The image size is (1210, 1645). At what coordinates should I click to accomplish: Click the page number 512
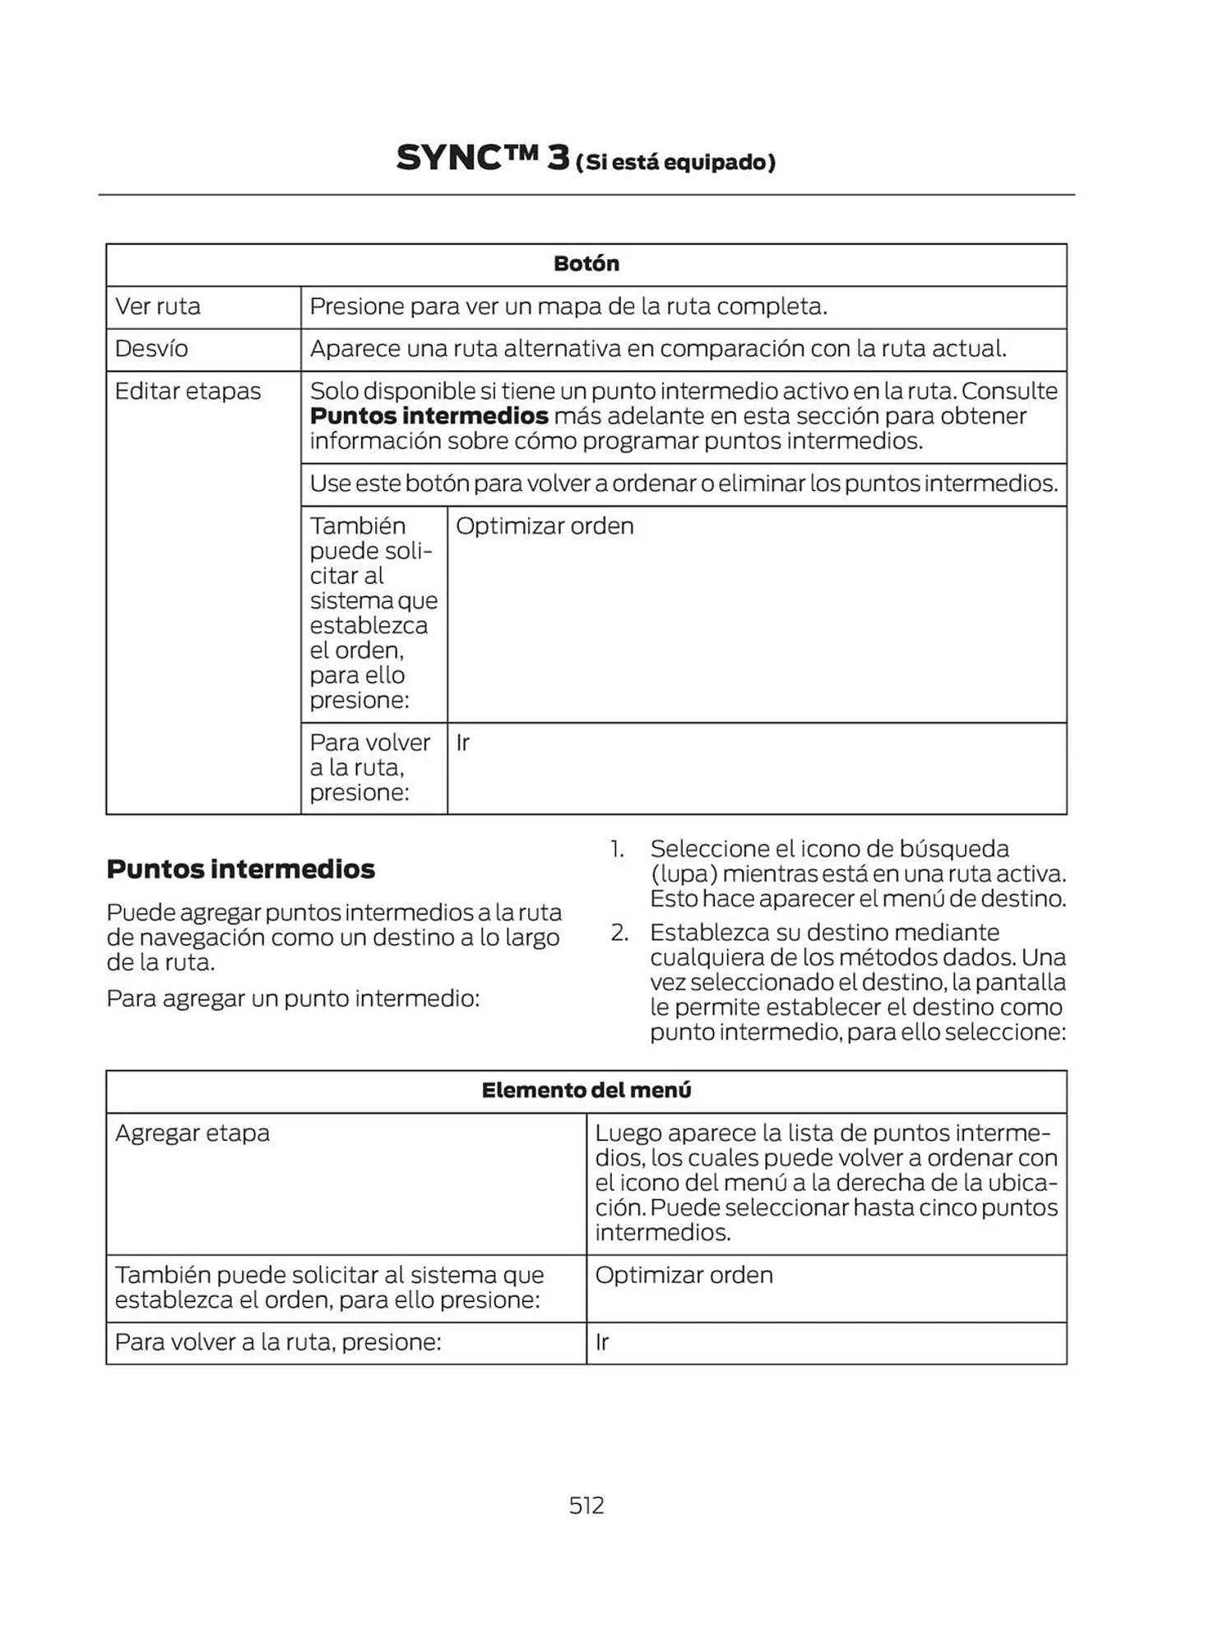586,1505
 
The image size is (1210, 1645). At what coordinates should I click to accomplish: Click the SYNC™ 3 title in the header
482,158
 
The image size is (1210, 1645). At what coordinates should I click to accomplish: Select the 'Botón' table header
586,264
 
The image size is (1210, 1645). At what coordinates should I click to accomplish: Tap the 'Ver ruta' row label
157,307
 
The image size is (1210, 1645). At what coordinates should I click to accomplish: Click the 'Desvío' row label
151,349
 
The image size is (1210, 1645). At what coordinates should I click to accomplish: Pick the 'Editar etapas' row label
188,392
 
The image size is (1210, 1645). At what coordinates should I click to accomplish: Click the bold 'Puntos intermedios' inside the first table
429,416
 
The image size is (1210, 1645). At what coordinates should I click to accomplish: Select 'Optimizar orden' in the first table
545,526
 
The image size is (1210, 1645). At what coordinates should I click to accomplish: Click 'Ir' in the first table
462,743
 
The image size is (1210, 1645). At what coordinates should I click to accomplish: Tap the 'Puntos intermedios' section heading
240,869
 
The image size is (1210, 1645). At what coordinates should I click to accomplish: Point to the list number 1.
617,849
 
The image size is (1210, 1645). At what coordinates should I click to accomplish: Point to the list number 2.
619,933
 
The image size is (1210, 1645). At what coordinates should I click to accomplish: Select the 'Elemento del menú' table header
586,1091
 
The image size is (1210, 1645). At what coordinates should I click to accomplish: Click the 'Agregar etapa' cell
192,1133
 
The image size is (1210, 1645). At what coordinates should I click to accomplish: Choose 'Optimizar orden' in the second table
684,1276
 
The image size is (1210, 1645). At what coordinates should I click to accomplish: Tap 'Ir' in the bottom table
602,1342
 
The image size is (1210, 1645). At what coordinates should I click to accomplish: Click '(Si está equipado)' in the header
675,162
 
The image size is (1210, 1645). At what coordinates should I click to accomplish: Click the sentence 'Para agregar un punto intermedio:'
293,999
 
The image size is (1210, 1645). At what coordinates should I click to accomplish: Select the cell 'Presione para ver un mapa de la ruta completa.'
568,307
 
